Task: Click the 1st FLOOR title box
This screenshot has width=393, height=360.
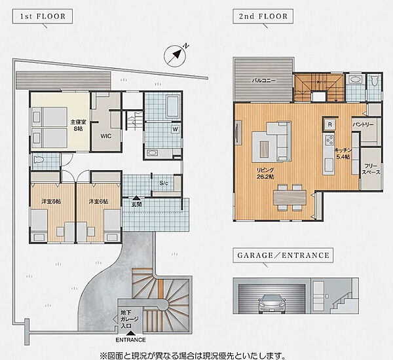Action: pos(43,16)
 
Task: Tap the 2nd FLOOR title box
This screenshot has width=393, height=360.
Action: pos(263,16)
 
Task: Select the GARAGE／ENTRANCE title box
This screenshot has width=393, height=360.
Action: pos(283,255)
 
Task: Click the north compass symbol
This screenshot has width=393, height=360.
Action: pos(175,56)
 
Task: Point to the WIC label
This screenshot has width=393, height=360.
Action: pos(105,136)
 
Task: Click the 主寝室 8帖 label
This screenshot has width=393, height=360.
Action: pos(78,125)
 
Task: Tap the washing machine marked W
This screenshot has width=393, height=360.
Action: pos(176,129)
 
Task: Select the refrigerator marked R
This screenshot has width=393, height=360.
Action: pos(330,124)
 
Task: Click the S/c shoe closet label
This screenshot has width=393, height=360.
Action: pos(164,183)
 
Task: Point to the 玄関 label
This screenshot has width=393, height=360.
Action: pos(136,204)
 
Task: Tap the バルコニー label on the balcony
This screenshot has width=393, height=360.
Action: pos(263,81)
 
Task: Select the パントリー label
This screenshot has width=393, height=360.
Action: pos(363,124)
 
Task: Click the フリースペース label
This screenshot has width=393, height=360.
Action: pos(371,169)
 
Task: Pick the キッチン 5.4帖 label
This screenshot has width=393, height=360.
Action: pos(343,154)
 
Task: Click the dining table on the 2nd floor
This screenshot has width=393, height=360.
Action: pos(290,198)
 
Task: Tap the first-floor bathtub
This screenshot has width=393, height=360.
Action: pos(172,106)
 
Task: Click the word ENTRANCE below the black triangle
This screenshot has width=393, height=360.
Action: pos(130,340)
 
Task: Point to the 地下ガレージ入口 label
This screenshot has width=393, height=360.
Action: pos(129,319)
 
